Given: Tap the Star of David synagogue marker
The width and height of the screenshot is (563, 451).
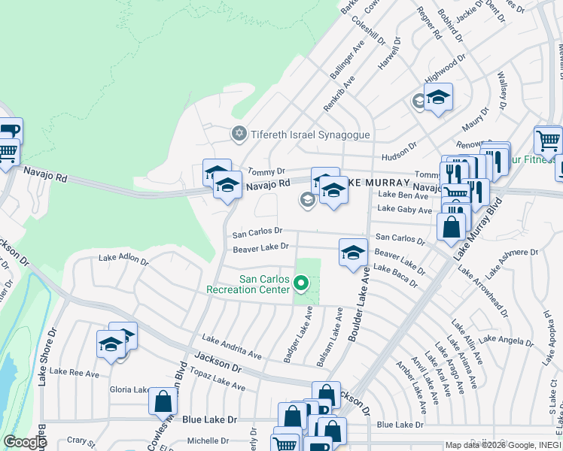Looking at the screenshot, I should [x=239, y=134].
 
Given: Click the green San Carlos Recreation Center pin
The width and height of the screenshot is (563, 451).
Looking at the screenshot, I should [x=301, y=283].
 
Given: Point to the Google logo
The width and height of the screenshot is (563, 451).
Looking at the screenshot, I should [x=25, y=442].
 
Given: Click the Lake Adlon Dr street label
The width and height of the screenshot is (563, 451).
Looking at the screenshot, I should [x=123, y=259].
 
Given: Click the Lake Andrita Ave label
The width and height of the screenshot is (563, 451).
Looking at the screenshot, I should [x=231, y=345].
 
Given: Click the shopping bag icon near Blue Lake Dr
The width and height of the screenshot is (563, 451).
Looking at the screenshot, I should [x=163, y=402].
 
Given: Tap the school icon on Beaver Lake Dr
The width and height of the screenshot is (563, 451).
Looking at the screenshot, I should [x=352, y=252].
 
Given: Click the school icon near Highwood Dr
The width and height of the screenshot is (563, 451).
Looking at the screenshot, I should [x=438, y=97].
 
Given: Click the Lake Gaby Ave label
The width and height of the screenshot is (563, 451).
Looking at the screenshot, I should [x=404, y=210].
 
